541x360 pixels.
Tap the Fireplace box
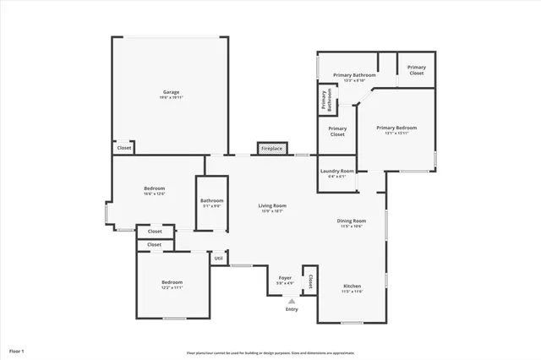(271, 149)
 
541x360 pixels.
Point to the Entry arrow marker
(291, 300)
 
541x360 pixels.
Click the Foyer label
(286, 277)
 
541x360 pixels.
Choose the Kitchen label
(352, 286)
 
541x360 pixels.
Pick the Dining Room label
(352, 221)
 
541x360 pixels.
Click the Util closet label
(218, 258)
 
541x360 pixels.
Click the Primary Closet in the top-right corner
(416, 69)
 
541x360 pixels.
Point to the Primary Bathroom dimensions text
(354, 81)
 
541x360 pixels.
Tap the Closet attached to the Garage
(124, 148)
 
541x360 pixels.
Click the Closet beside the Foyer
(310, 281)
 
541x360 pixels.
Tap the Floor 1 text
(17, 350)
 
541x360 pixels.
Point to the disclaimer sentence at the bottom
(270, 352)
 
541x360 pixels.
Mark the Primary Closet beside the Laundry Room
(337, 130)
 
